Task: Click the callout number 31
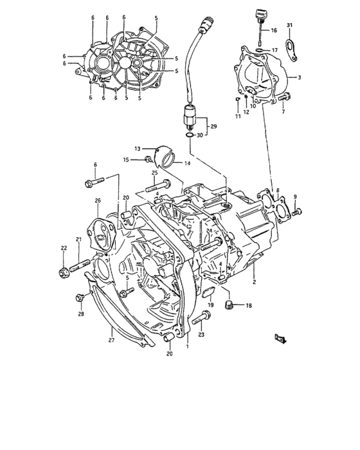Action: pos(289,25)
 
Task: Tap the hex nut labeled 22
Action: pos(65,273)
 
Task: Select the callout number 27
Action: pos(110,340)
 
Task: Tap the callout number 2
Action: pos(255,282)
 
